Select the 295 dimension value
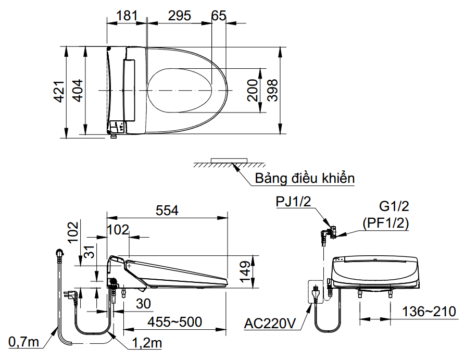click(179, 16)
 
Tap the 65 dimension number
click(219, 16)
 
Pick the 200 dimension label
click(253, 90)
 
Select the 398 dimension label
click(271, 90)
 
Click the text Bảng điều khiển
click(305, 179)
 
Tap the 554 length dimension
click(167, 210)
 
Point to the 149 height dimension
click(245, 271)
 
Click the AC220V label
click(270, 324)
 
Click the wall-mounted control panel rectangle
click(229, 159)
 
